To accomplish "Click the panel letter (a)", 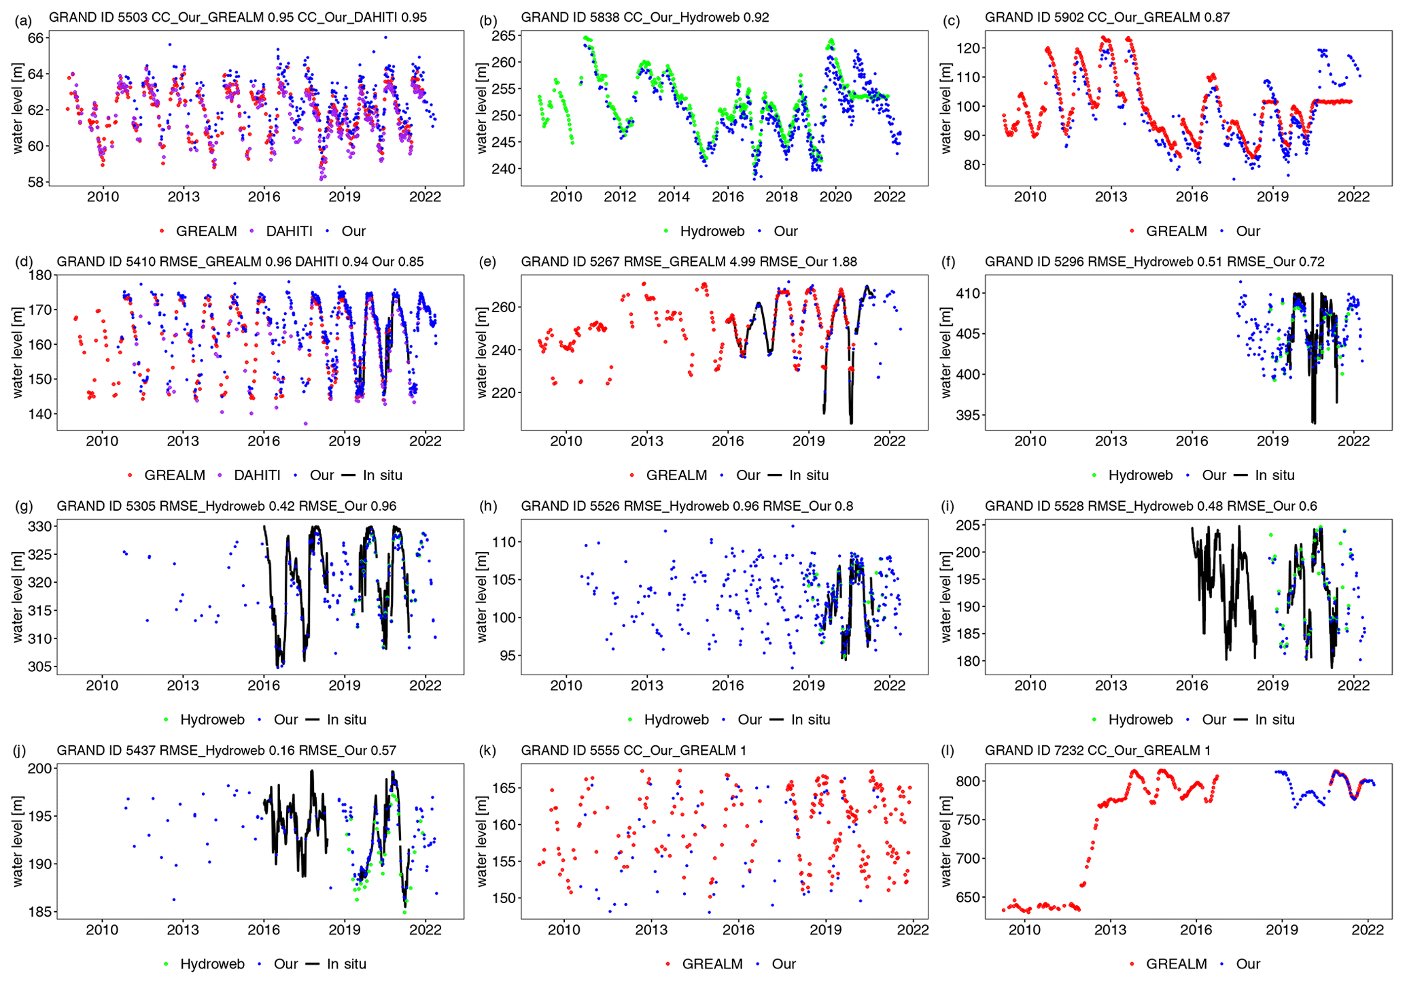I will click(x=23, y=20).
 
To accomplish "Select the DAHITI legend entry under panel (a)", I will click(x=289, y=231).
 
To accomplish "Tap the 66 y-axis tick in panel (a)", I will click(x=35, y=38).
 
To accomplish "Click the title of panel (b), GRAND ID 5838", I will click(x=644, y=17).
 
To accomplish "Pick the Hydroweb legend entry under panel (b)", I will click(x=712, y=231).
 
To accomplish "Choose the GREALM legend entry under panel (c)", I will click(x=1176, y=231).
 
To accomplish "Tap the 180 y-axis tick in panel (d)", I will click(x=41, y=275).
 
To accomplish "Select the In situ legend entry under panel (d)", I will click(x=382, y=475).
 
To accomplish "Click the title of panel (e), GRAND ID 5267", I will click(x=689, y=262).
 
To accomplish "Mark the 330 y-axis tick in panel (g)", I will click(x=41, y=526).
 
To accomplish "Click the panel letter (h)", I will click(x=487, y=506).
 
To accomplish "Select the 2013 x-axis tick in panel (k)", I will click(x=651, y=930).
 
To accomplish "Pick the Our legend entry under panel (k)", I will click(x=784, y=964).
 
